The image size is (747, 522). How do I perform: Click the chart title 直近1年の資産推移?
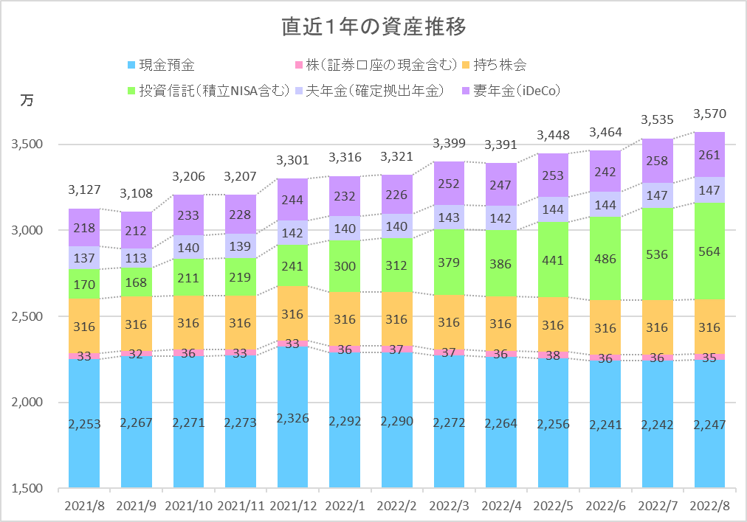coord(373,27)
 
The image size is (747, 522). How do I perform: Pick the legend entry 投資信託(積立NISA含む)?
coord(214,91)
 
